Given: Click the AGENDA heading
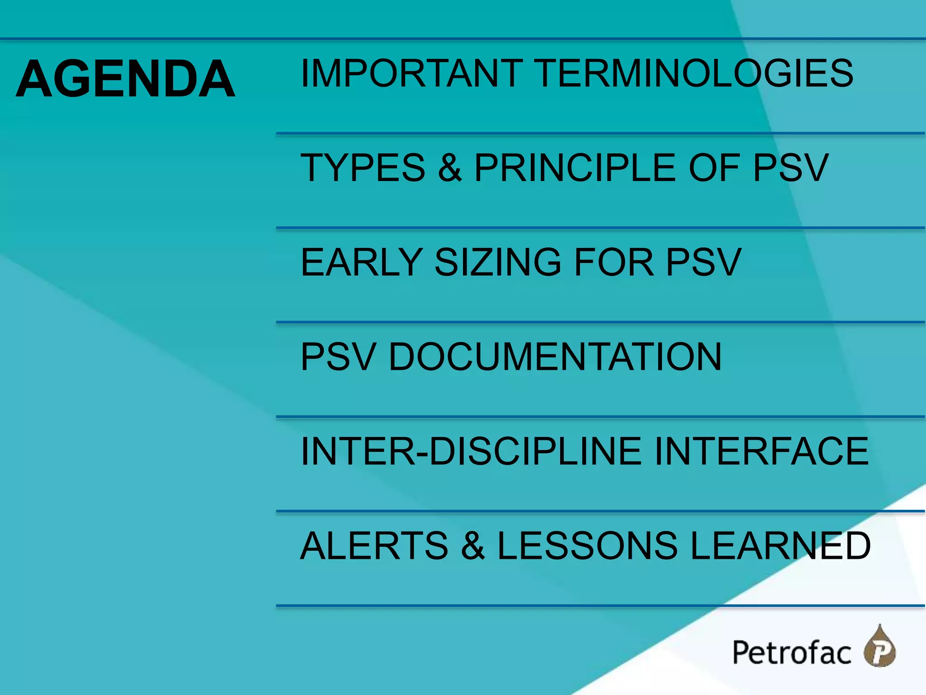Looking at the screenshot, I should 125,79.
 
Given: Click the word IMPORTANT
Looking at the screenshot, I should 411,73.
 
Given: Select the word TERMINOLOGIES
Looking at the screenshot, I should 695,73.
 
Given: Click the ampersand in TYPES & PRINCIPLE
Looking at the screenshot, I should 449,168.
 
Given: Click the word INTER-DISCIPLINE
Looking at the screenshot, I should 471,451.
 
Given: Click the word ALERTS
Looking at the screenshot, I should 374,546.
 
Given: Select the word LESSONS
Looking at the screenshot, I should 587,546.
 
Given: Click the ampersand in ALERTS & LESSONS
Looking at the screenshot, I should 473,546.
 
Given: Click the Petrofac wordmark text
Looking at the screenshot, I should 791,653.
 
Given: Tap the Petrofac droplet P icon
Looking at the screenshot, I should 880,648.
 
